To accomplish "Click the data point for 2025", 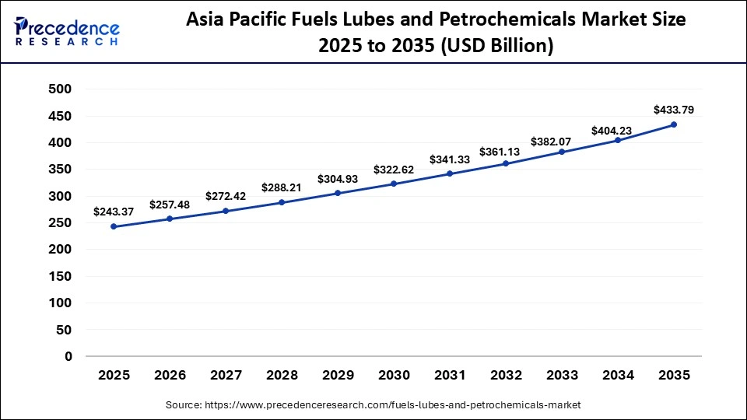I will tap(114, 226).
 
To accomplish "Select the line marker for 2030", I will tap(394, 184).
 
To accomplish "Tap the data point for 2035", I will tap(674, 124).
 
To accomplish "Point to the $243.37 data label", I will tap(114, 212).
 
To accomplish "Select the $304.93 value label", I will tap(338, 179).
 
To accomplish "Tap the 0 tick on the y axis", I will tap(68, 356).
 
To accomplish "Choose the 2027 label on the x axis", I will tap(226, 376).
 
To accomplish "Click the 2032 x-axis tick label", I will tap(507, 376).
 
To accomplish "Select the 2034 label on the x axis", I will tap(619, 376).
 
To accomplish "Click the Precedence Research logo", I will tap(67, 33).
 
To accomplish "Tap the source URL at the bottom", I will tap(373, 405).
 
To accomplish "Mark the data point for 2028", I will tap(282, 202).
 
